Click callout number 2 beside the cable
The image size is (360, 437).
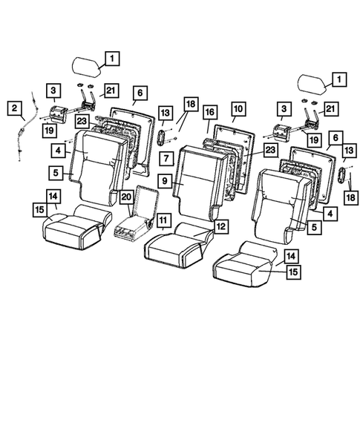coord(14,108)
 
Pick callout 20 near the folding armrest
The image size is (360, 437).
coord(126,197)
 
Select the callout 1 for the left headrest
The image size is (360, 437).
coord(111,57)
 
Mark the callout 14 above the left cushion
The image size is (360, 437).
coord(53,196)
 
